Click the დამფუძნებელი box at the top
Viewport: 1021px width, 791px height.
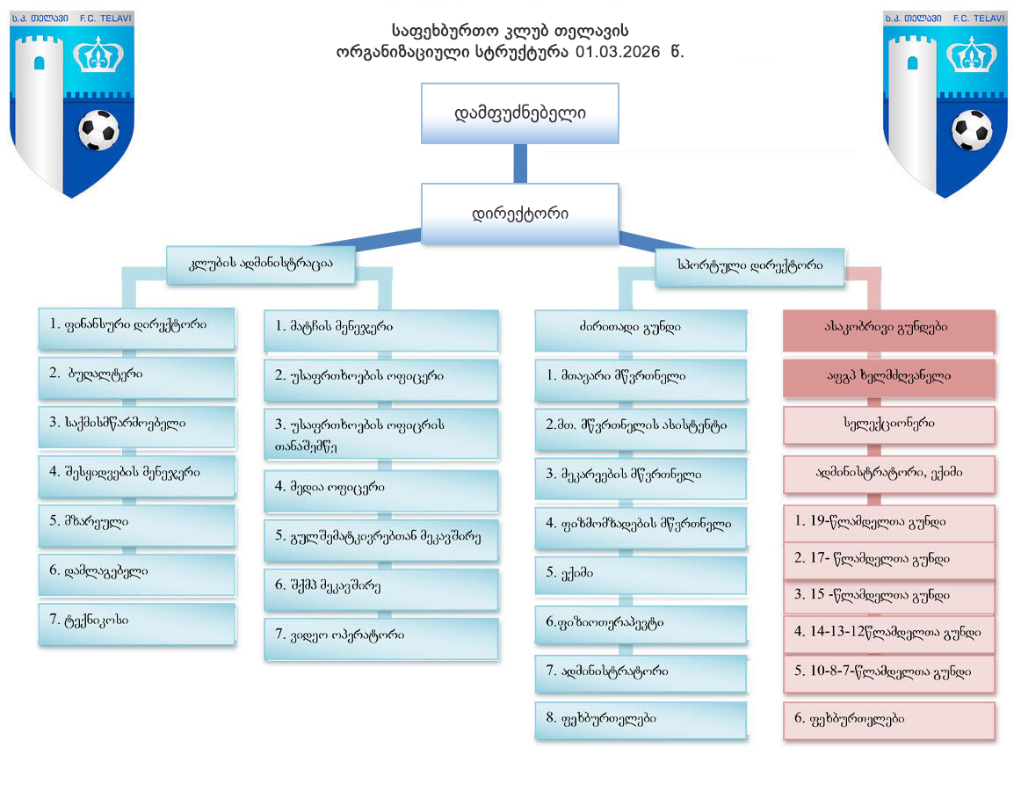[x=520, y=113]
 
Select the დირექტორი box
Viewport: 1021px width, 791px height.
[x=520, y=214]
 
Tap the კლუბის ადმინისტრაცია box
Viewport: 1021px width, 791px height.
[x=261, y=264]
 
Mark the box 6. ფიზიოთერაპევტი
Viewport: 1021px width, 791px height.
[x=641, y=624]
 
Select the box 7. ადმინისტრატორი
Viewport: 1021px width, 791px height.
[x=641, y=673]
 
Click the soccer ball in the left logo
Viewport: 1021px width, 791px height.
[x=98, y=129]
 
